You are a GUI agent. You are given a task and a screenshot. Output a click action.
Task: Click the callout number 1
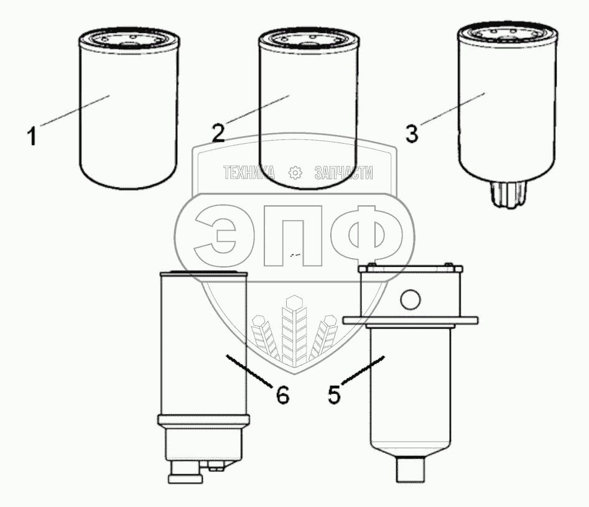tap(32, 136)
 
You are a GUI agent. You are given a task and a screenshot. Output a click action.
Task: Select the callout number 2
tap(218, 133)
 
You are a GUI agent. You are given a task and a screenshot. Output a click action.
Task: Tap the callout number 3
tap(412, 134)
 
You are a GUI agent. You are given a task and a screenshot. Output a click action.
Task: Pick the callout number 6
tap(283, 394)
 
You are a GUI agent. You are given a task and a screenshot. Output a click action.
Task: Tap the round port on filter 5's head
tap(410, 300)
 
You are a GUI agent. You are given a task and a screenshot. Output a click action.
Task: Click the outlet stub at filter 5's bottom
tap(410, 468)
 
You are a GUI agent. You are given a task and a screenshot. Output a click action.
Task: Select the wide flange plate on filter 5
tap(410, 320)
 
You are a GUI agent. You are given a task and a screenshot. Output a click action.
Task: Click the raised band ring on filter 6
tap(203, 419)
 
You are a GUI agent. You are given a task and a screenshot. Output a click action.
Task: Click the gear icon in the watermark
tap(295, 172)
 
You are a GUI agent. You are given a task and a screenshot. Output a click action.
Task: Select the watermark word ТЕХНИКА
tap(249, 172)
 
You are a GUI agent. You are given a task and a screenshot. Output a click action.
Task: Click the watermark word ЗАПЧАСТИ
tap(344, 173)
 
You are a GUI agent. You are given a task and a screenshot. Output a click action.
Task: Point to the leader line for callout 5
tap(363, 370)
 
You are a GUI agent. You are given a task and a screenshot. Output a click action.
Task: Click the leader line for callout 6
tap(248, 370)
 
